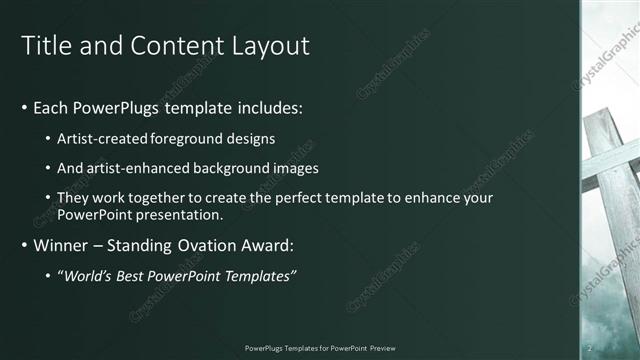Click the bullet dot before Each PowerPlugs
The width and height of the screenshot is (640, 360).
click(x=24, y=107)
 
